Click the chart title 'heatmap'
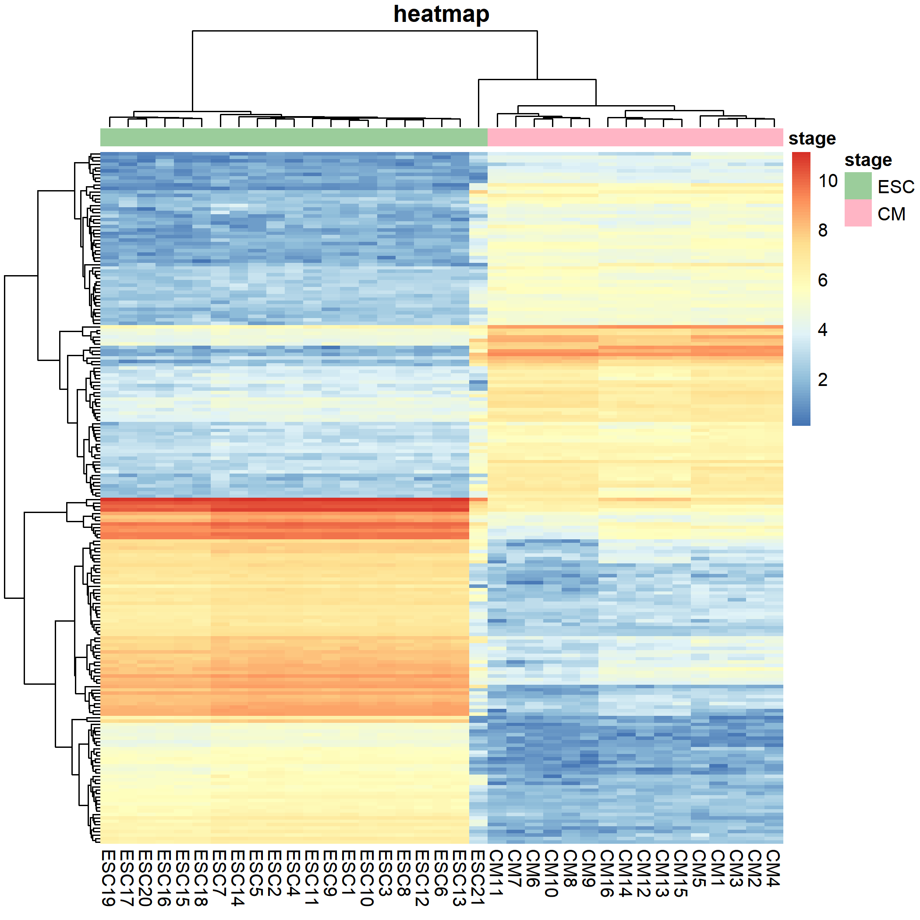coord(441,14)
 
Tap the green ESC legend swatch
coord(858,186)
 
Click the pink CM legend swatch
coord(858,213)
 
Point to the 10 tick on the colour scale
coord(828,181)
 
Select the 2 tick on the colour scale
coord(822,379)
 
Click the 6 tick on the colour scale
coord(822,280)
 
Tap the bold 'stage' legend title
coord(867,160)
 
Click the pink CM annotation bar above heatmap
coord(635,137)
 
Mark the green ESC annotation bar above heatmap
coord(294,137)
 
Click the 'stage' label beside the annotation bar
coord(812,138)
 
